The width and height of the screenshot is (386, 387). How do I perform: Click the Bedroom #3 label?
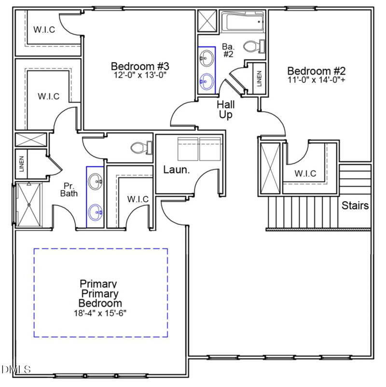[140, 66]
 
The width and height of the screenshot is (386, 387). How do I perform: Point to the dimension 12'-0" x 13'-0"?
[140, 75]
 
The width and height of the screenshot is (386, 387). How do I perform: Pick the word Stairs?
[355, 206]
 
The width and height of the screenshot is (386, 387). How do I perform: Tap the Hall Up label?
[225, 109]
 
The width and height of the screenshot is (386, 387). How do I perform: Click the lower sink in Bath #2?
[207, 80]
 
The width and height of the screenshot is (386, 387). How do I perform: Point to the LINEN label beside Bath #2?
[259, 78]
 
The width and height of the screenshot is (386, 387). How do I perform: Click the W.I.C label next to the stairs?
[305, 174]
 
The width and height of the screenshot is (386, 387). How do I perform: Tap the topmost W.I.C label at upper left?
[44, 30]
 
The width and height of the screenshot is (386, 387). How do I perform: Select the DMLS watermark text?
[16, 370]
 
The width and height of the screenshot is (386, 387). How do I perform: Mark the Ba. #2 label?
[228, 50]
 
